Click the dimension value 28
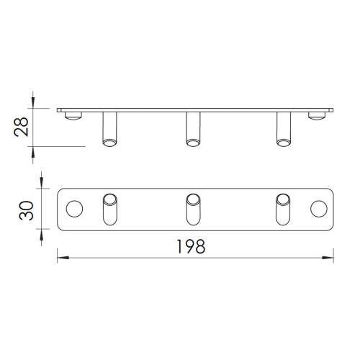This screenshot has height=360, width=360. [x=21, y=127]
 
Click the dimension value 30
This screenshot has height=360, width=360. [x=26, y=210]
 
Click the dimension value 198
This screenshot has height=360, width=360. [x=191, y=246]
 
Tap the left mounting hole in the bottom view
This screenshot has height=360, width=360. [x=74, y=209]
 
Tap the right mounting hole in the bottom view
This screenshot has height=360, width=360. [x=319, y=209]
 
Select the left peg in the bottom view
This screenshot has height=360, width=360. [x=110, y=210]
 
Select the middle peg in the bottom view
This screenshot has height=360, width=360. [x=193, y=210]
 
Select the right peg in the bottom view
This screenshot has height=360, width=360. [x=283, y=210]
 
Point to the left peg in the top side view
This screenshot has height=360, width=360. [x=109, y=129]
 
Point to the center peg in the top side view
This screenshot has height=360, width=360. [x=193, y=129]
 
